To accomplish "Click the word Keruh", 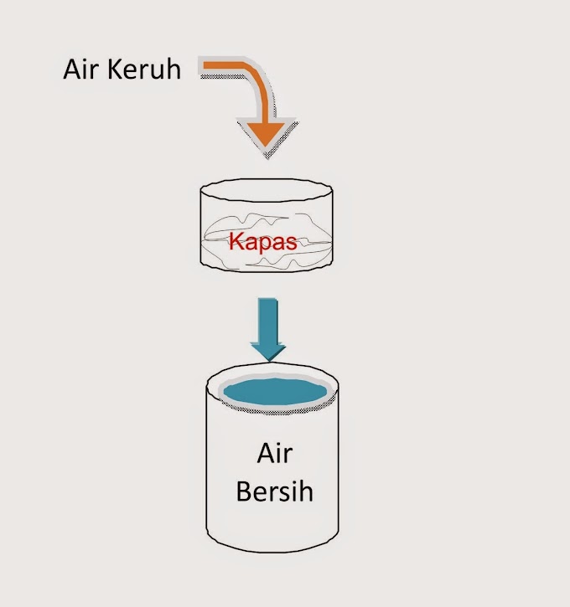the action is pyautogui.click(x=144, y=69).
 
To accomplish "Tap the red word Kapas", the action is pyautogui.click(x=262, y=242).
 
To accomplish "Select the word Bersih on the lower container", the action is pyautogui.click(x=275, y=491).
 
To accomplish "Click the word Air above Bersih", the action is pyautogui.click(x=275, y=453).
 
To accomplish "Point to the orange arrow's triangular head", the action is pyautogui.click(x=267, y=134).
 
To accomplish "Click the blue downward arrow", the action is pyautogui.click(x=267, y=329).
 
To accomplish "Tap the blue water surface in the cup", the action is pyautogui.click(x=276, y=391).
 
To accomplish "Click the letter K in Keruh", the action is pyautogui.click(x=115, y=69).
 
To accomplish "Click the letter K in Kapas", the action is pyautogui.click(x=236, y=241).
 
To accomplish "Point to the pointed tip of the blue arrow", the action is pyautogui.click(x=268, y=361).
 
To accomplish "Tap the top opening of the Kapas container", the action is pyautogui.click(x=267, y=190).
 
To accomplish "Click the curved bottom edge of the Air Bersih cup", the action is pyautogui.click(x=272, y=546).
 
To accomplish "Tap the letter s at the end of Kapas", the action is pyautogui.click(x=292, y=244).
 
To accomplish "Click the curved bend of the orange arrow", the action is pyautogui.click(x=256, y=80).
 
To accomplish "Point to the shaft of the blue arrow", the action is pyautogui.click(x=267, y=321).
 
